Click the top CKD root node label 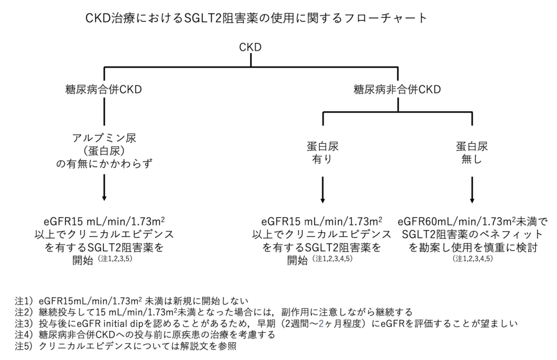[x=250, y=47]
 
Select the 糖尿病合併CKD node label [x=103, y=89]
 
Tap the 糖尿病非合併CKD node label [x=397, y=89]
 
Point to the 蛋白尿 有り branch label [x=324, y=153]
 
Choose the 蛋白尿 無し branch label [x=471, y=153]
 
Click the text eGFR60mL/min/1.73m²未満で [x=472, y=222]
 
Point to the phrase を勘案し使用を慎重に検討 [x=472, y=247]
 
